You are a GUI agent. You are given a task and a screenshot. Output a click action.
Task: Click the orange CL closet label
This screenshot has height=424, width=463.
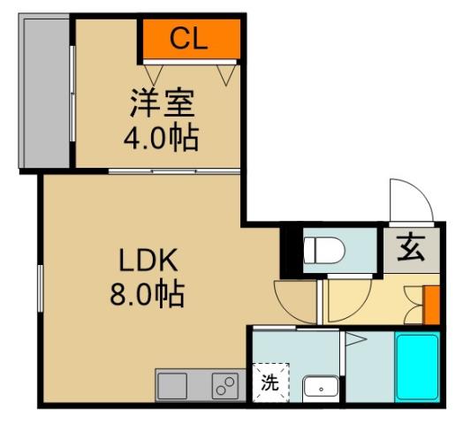coord(189,38)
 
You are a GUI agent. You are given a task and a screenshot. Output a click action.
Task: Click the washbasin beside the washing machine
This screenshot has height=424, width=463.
coord(319,385)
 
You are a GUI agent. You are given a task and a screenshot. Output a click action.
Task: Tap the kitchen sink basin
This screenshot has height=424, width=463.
coord(172,385)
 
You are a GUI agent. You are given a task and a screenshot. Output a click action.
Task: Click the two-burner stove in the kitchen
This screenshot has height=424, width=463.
coord(224,385)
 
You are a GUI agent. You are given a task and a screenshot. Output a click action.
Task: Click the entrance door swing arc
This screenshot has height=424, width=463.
coord(409,201)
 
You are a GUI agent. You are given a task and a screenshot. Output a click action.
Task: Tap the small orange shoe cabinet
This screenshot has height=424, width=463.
coord(431,304)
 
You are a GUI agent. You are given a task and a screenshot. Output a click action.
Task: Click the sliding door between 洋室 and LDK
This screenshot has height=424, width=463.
coord(173,170)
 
